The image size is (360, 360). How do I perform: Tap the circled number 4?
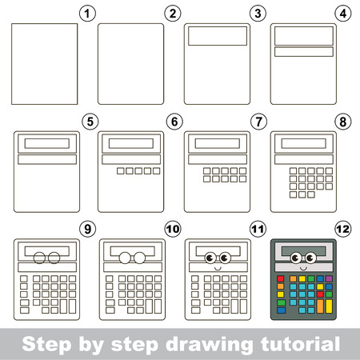tap(344, 12)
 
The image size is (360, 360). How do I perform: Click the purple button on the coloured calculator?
tap(330, 279)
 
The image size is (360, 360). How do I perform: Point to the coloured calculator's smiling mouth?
tap(302, 266)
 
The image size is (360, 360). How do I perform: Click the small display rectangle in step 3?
tap(217, 37)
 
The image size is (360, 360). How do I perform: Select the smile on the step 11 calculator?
tap(216, 266)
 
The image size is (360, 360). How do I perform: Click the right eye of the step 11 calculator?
tap(222, 258)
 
